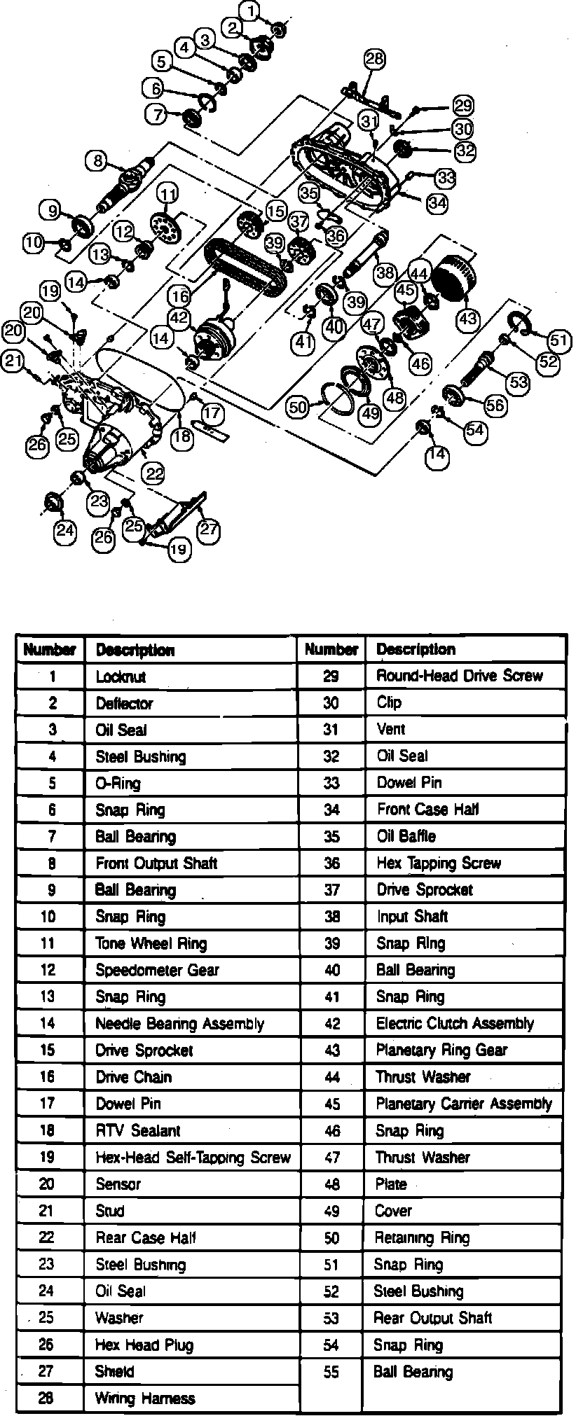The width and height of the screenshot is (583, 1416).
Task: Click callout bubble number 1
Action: click(252, 11)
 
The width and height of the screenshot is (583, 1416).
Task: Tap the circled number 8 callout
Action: click(97, 160)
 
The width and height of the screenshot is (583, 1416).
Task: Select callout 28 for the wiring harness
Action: click(374, 59)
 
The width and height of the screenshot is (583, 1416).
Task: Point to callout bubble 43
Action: click(467, 319)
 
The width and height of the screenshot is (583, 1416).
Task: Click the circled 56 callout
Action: click(495, 405)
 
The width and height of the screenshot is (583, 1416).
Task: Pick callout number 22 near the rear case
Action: click(153, 474)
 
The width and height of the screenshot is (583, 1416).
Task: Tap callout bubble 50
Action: click(299, 407)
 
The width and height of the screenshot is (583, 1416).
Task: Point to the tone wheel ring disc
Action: click(165, 225)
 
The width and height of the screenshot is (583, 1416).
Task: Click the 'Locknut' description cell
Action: click(121, 677)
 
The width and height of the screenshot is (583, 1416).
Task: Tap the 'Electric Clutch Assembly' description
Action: click(455, 1024)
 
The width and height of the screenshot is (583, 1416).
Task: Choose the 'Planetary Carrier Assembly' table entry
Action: click(463, 1104)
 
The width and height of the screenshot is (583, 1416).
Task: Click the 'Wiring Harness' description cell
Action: click(145, 1399)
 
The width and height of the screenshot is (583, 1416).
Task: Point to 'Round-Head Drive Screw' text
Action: click(459, 676)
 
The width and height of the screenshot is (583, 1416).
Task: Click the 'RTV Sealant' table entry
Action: click(138, 1131)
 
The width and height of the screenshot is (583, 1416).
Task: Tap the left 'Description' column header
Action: click(135, 651)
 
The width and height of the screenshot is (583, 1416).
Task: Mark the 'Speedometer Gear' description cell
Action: click(157, 971)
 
